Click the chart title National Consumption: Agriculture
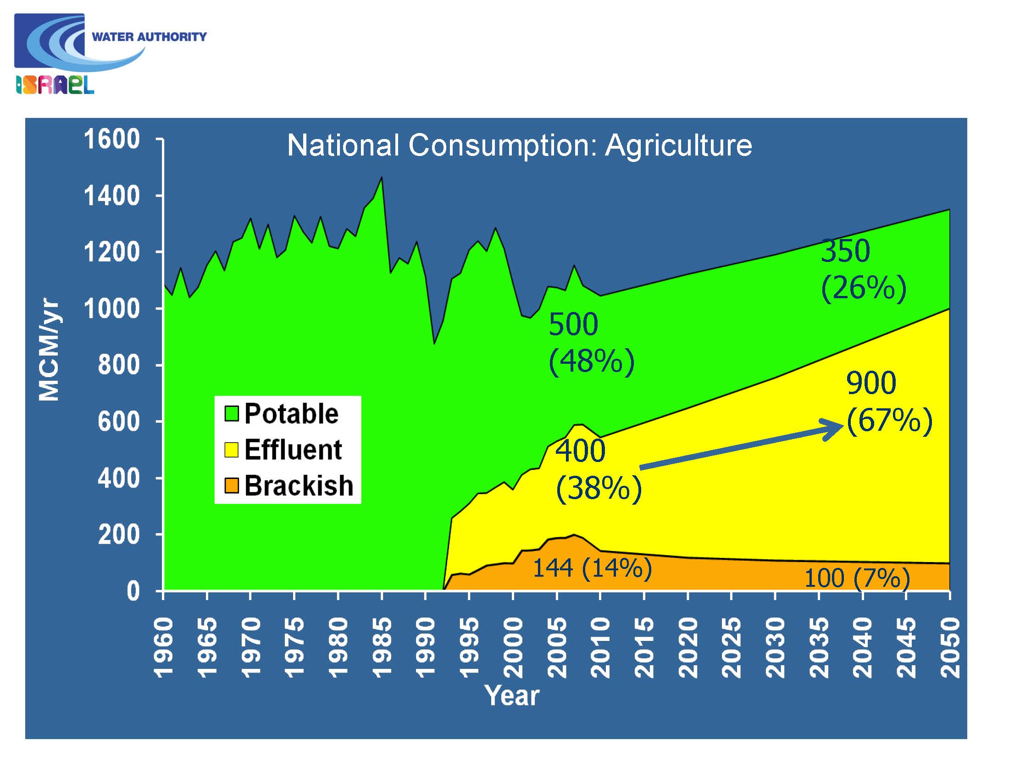(519, 145)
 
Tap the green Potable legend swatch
(231, 413)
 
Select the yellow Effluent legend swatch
(231, 450)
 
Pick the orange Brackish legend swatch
(231, 485)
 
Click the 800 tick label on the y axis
(119, 365)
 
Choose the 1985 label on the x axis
(382, 647)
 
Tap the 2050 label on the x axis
(949, 647)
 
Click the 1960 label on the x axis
(163, 647)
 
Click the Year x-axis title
(512, 696)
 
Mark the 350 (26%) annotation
(863, 270)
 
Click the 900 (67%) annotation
(889, 402)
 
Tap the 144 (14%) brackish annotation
(592, 568)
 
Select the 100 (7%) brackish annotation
(857, 578)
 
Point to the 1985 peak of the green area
(382, 178)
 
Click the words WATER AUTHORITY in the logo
(149, 37)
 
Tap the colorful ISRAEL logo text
(55, 85)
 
